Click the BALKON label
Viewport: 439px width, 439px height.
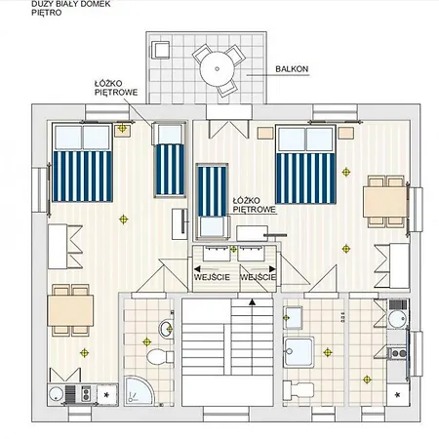292,69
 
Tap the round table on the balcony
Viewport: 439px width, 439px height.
217,69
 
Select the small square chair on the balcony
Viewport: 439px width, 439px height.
160,50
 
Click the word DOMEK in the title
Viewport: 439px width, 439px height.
98,4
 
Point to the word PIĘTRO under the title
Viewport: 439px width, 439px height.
47,13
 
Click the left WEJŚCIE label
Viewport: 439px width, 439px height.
212,277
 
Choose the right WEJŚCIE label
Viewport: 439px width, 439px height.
258,277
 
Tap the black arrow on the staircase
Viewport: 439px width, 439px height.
252,302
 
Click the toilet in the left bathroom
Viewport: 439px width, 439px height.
160,356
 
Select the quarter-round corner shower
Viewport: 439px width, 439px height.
139,390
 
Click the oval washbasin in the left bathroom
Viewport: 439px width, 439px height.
166,329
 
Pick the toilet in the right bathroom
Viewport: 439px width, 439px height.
299,390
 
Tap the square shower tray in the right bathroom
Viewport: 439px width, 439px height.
299,352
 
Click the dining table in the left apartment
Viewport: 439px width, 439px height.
70,310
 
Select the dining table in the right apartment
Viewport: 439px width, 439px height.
385,202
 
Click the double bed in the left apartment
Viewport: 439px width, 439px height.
82,163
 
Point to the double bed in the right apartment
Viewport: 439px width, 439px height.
305,164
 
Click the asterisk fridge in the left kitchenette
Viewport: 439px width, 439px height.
106,395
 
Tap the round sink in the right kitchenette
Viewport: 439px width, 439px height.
398,319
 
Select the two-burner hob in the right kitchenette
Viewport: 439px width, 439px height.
398,353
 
